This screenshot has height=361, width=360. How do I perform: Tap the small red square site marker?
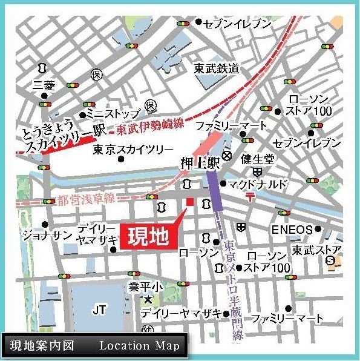[189, 202]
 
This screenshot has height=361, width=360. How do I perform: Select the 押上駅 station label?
[196, 164]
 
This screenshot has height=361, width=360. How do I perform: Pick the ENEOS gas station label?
[292, 230]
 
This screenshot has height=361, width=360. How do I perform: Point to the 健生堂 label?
[257, 159]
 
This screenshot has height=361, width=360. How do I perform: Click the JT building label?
[100, 310]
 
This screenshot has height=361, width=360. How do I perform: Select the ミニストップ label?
[113, 113]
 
